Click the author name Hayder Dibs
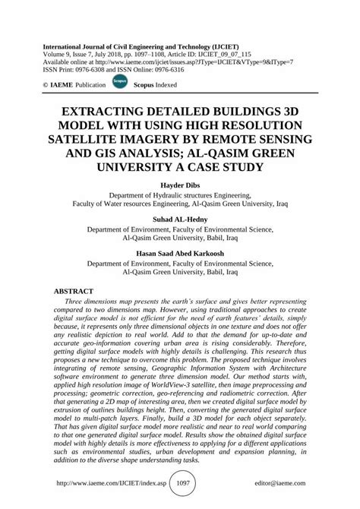[179, 184]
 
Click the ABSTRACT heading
[73, 292]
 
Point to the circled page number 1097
[179, 482]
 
